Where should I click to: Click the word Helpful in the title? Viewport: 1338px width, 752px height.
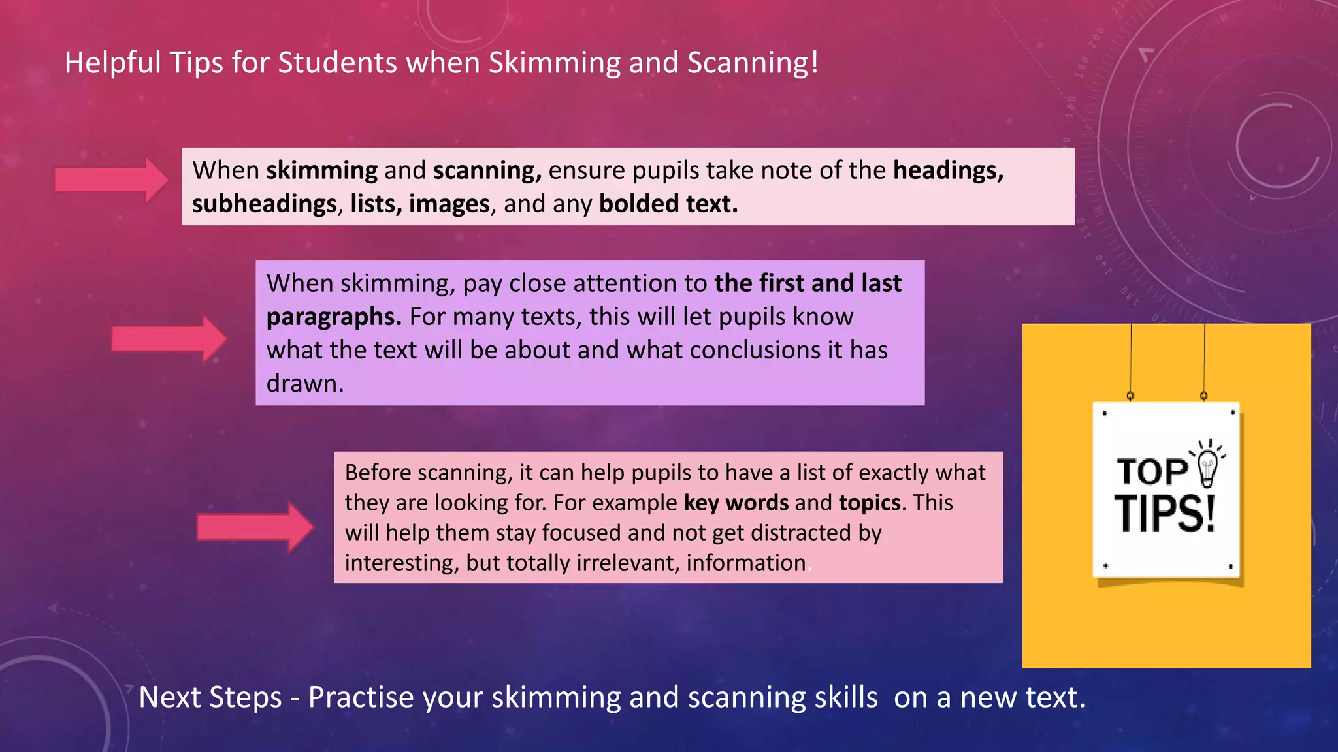(x=112, y=63)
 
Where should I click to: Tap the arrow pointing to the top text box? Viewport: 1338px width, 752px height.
(x=112, y=180)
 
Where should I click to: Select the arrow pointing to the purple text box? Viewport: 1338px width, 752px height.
(x=169, y=339)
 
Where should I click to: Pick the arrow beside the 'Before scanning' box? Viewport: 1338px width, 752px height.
(x=255, y=527)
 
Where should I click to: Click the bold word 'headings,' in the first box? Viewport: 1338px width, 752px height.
(x=948, y=170)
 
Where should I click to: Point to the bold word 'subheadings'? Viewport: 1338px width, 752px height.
(x=264, y=204)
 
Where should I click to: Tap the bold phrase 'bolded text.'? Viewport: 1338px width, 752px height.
(x=668, y=204)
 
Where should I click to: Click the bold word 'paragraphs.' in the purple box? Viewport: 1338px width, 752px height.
(x=334, y=317)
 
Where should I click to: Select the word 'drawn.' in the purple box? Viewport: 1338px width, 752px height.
(x=305, y=384)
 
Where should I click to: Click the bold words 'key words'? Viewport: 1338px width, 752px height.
(x=736, y=503)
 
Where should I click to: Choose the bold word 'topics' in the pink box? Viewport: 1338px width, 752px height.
(x=870, y=503)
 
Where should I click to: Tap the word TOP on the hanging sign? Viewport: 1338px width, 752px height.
(x=1152, y=471)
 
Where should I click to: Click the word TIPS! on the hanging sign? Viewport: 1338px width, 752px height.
(x=1165, y=514)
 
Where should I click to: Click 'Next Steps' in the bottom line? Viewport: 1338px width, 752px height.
(x=210, y=698)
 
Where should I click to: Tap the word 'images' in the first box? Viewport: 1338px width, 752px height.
(x=449, y=204)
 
